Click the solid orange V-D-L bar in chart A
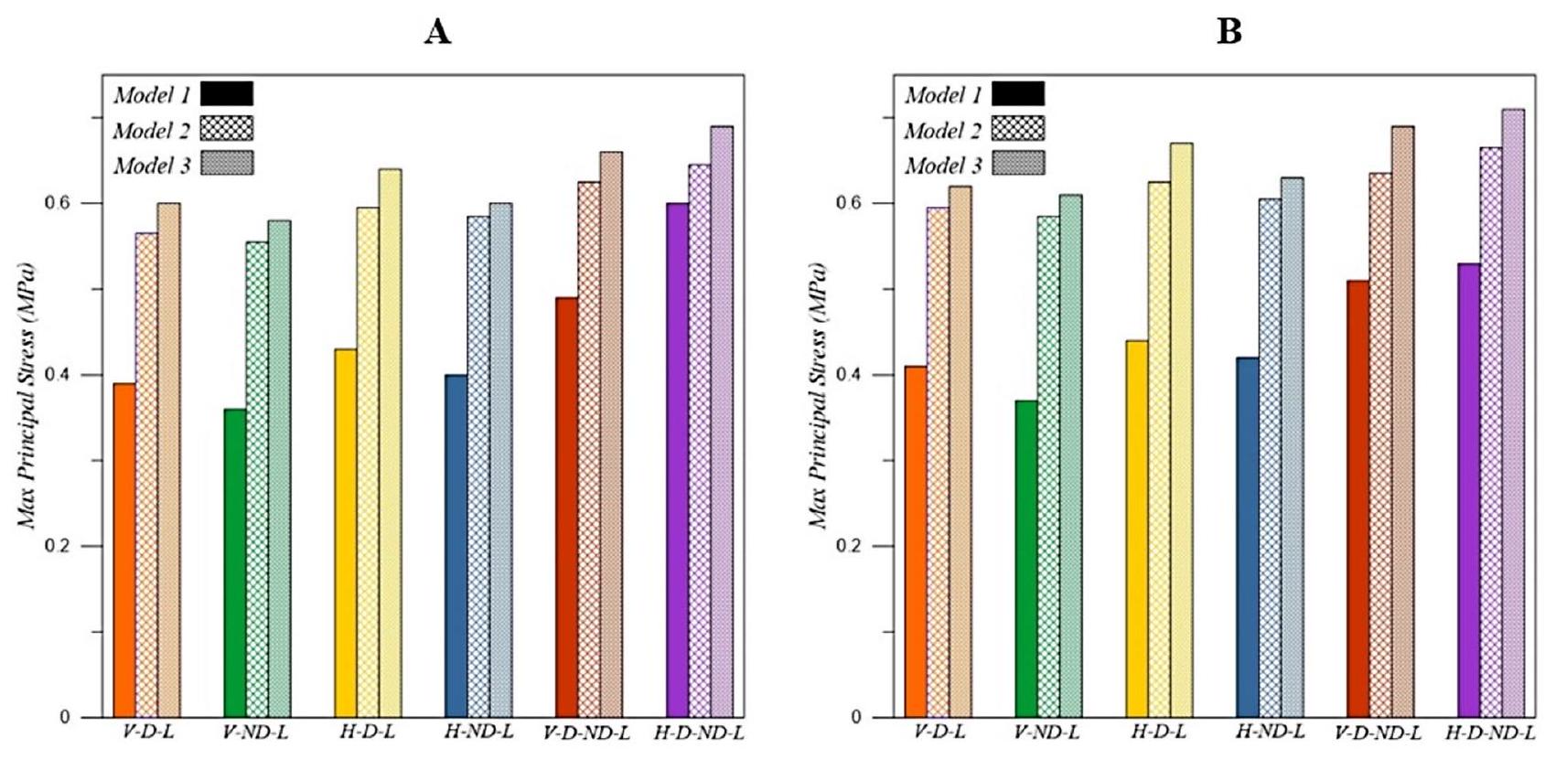click(124, 550)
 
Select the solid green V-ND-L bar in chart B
click(1026, 559)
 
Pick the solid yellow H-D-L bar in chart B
click(1137, 529)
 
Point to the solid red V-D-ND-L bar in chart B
click(1358, 499)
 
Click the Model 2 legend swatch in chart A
click(227, 129)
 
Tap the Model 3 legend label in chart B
click(943, 166)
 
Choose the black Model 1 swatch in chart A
click(227, 93)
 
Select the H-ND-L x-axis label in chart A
click(478, 732)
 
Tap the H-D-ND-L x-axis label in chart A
click(699, 732)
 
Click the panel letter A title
click(437, 33)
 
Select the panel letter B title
click(1229, 33)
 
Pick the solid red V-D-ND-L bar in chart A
click(567, 508)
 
